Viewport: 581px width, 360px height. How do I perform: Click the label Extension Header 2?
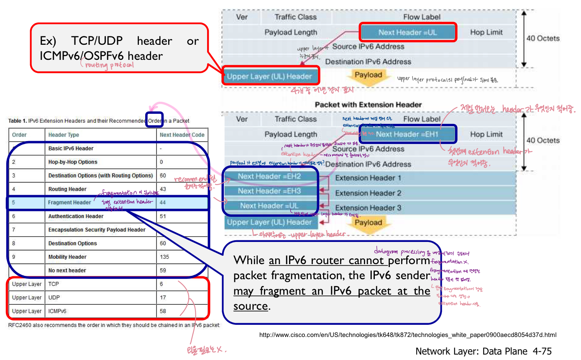(x=368, y=193)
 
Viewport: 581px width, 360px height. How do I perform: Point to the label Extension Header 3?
(x=368, y=208)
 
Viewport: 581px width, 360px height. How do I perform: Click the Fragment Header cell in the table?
(x=69, y=203)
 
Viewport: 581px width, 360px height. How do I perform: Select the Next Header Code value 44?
(x=163, y=203)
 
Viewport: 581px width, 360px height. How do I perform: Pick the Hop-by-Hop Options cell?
(x=73, y=162)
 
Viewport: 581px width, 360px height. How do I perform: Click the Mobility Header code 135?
(x=164, y=257)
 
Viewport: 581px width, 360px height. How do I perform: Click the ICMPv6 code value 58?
(x=163, y=311)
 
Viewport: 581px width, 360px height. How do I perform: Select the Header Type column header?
(x=64, y=135)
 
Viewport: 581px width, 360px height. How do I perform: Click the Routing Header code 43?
(x=163, y=189)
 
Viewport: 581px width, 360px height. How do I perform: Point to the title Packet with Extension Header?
(x=368, y=105)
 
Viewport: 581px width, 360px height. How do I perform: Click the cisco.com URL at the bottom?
(x=408, y=335)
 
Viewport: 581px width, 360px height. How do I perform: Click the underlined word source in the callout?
(x=250, y=306)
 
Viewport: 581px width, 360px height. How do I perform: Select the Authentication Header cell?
(x=76, y=216)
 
